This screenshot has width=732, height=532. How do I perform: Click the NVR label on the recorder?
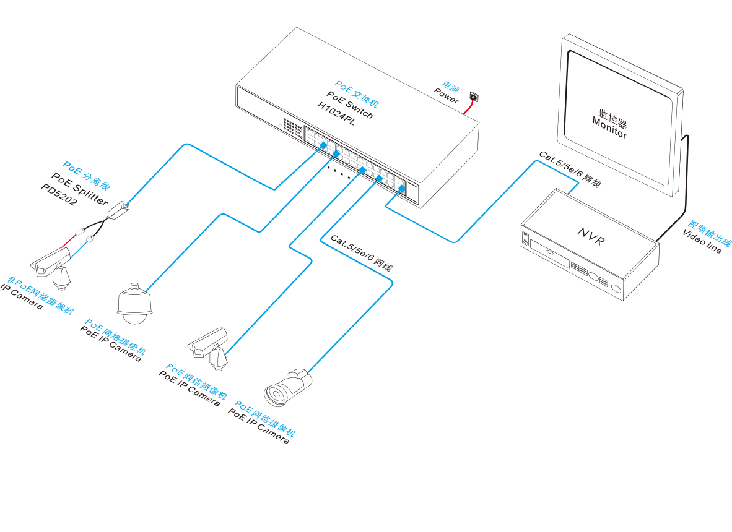[x=591, y=236]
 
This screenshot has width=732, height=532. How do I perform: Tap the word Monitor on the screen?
[x=609, y=128]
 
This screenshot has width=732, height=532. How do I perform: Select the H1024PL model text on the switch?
[x=336, y=114]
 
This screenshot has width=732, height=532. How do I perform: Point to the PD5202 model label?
[x=59, y=194]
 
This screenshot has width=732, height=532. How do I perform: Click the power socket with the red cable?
[x=474, y=97]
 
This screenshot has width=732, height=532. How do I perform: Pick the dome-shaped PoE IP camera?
[x=134, y=304]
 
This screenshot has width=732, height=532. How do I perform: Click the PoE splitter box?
[x=118, y=210]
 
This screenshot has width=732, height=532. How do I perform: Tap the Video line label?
[x=702, y=241]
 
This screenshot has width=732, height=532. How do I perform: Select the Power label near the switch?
[x=446, y=95]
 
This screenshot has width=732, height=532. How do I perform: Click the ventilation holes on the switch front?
[x=293, y=128]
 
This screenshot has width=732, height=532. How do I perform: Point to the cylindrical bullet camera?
[x=287, y=387]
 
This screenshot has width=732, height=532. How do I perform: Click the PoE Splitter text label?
[x=79, y=189]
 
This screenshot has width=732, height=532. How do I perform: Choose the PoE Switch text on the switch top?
[x=350, y=105]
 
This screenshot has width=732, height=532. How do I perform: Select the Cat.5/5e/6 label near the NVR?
[x=570, y=169]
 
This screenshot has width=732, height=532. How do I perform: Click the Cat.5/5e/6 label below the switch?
[x=361, y=252]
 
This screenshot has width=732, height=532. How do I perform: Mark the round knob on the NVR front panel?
[x=616, y=289]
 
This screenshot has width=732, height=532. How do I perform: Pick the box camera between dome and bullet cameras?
[x=207, y=349]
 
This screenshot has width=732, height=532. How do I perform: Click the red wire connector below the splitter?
[x=81, y=231]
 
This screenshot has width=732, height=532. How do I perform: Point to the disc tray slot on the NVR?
[x=549, y=254]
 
